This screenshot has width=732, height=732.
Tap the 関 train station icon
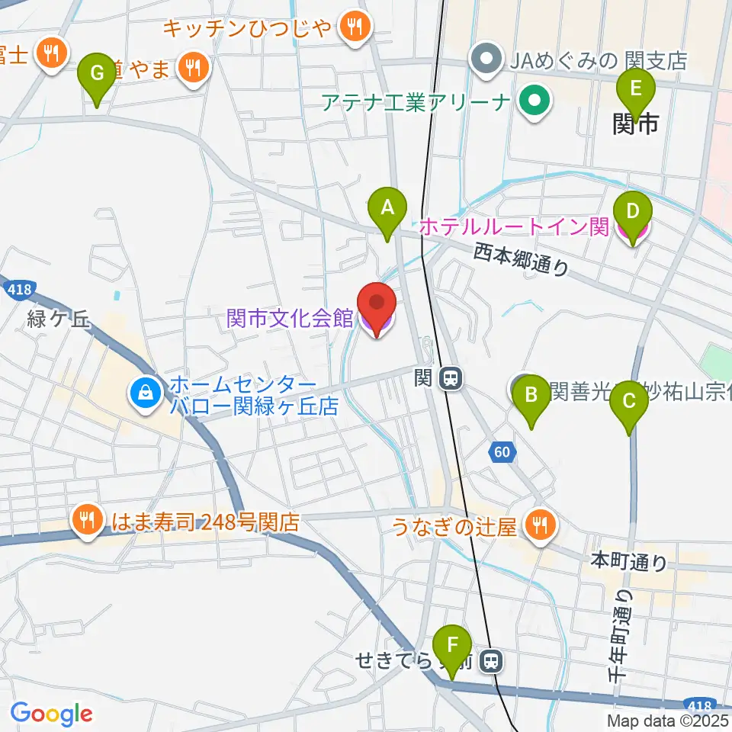coord(452,378)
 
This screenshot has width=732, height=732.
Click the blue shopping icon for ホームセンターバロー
coord(143,393)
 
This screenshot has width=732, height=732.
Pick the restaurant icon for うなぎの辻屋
coord(541,525)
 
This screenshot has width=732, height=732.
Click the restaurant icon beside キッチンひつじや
coord(354,27)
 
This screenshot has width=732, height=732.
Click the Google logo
coord(51,713)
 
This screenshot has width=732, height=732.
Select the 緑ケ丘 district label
coord(58,320)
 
